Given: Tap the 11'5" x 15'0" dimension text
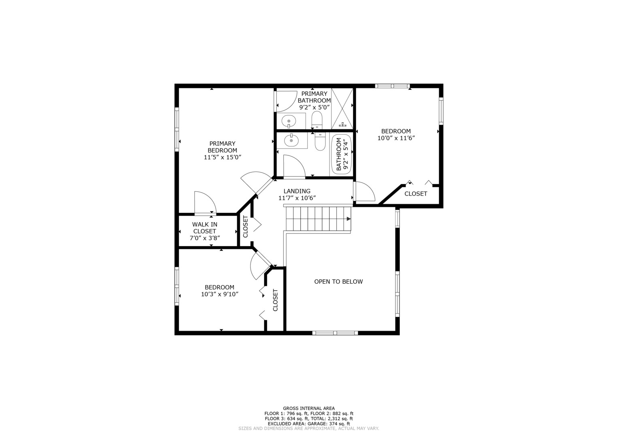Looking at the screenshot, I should pyautogui.click(x=222, y=157).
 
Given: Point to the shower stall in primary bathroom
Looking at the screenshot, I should pyautogui.click(x=342, y=108).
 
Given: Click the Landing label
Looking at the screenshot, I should pyautogui.click(x=297, y=191).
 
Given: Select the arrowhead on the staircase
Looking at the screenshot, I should pyautogui.click(x=348, y=219).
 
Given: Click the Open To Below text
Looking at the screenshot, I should pyautogui.click(x=338, y=282).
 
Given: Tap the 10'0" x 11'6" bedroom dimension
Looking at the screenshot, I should pyautogui.click(x=396, y=138).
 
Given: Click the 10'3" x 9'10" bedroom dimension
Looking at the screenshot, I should pyautogui.click(x=219, y=294).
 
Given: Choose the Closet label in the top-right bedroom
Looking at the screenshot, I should pyautogui.click(x=416, y=194).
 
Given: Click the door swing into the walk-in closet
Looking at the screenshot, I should pyautogui.click(x=205, y=202).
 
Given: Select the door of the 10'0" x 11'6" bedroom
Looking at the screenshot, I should pyautogui.click(x=365, y=192).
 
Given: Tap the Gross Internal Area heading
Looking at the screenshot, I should pyautogui.click(x=308, y=408).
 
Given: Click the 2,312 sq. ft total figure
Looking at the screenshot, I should pyautogui.click(x=337, y=419).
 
